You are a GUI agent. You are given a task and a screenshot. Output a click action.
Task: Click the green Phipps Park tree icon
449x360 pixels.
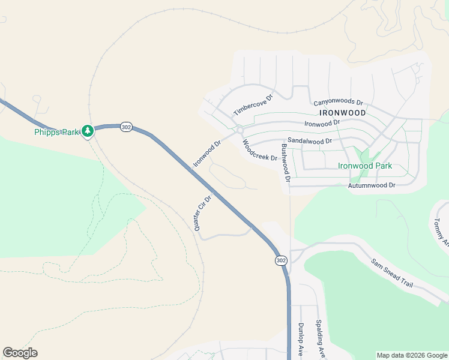[88, 130]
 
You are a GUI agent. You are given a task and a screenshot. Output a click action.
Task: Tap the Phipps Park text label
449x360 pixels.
[56, 132]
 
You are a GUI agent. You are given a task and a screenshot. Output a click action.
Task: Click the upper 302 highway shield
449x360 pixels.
[125, 127]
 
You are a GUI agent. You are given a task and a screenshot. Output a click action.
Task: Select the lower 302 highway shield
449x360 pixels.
[282, 260]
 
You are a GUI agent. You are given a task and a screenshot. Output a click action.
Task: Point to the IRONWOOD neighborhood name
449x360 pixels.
[343, 112]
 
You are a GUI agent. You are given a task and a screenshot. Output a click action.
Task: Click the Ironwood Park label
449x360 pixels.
[365, 166]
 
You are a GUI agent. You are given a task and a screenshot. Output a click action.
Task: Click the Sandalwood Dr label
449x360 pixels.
[310, 140]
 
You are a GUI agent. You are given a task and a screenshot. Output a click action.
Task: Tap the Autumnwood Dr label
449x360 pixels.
[372, 186]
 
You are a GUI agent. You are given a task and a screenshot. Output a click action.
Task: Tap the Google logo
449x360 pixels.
[20, 353]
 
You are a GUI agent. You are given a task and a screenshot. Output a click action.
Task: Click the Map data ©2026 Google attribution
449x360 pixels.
[412, 355]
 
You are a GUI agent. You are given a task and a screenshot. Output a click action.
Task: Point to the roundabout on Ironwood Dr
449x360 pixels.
[240, 130]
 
